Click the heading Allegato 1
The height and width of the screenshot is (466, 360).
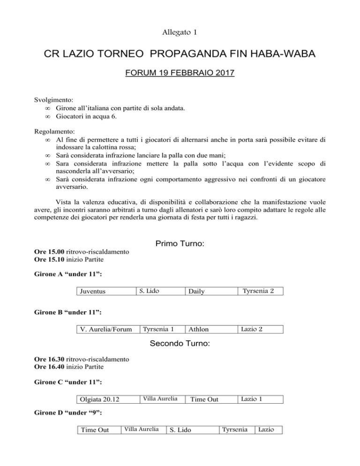point(180,32)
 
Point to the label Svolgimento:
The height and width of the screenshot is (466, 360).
point(53,100)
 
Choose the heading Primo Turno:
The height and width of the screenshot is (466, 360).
point(179,244)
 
